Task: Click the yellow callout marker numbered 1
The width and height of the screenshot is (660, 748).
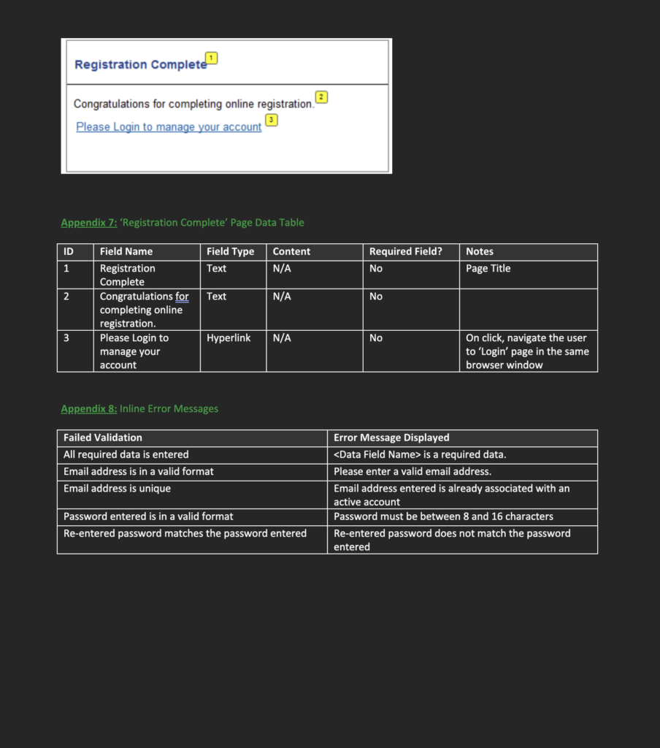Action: pos(212,58)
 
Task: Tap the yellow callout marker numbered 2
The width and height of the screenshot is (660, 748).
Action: pos(321,97)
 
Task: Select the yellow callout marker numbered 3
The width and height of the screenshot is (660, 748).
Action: pos(272,119)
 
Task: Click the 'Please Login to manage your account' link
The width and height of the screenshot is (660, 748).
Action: pos(169,127)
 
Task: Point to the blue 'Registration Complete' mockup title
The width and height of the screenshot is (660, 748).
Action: pos(141,65)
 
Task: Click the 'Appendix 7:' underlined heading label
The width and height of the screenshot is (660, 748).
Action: pos(89,223)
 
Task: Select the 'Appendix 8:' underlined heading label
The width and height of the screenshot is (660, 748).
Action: pos(89,409)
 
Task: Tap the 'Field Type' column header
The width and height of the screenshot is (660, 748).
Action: pos(230,251)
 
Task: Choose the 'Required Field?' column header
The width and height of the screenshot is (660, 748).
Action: pos(406,251)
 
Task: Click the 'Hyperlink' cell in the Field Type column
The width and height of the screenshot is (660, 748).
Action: pos(229,338)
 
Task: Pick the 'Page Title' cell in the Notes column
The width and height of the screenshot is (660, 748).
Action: pos(488,269)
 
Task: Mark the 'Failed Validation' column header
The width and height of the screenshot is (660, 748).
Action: pos(103,438)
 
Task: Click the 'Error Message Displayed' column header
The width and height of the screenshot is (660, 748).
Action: pos(391,438)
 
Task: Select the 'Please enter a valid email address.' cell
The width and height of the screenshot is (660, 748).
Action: pos(412,472)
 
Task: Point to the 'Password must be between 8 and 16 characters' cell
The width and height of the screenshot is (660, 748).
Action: pos(443,516)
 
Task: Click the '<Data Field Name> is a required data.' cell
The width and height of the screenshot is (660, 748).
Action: pos(420,454)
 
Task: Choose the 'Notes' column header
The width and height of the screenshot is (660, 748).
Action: pos(480,251)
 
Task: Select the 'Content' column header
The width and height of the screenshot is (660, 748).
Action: pos(291,251)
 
